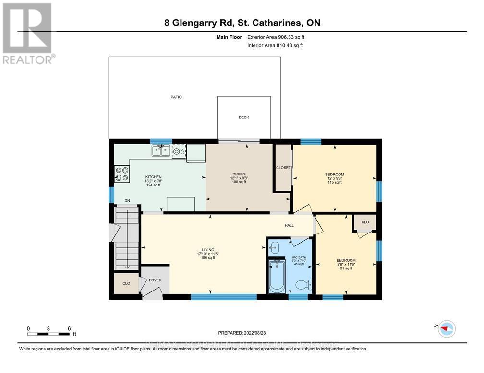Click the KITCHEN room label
154,176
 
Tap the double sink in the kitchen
160,152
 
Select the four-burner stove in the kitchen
121,174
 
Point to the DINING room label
239,174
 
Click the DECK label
244,117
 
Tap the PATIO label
176,97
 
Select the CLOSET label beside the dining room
283,168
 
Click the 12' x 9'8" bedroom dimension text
335,178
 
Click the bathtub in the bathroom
277,277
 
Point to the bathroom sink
274,248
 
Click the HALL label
289,226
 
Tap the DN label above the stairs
127,201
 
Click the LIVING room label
207,249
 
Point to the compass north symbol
447,328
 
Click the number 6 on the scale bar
69,328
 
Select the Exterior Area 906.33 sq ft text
276,37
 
